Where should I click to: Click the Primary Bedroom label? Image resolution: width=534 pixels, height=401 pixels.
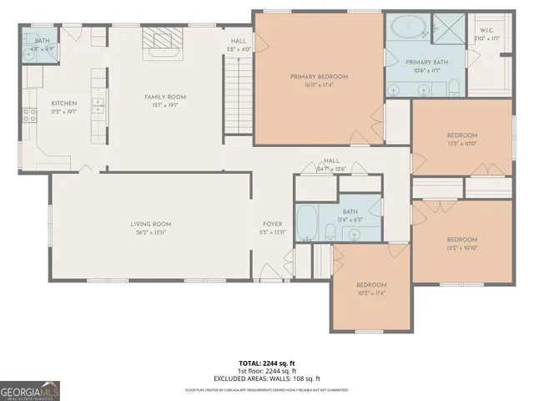[319, 77]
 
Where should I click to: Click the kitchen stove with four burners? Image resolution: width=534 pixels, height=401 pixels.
[29, 115]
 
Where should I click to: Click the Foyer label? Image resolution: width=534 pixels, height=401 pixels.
[273, 224]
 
